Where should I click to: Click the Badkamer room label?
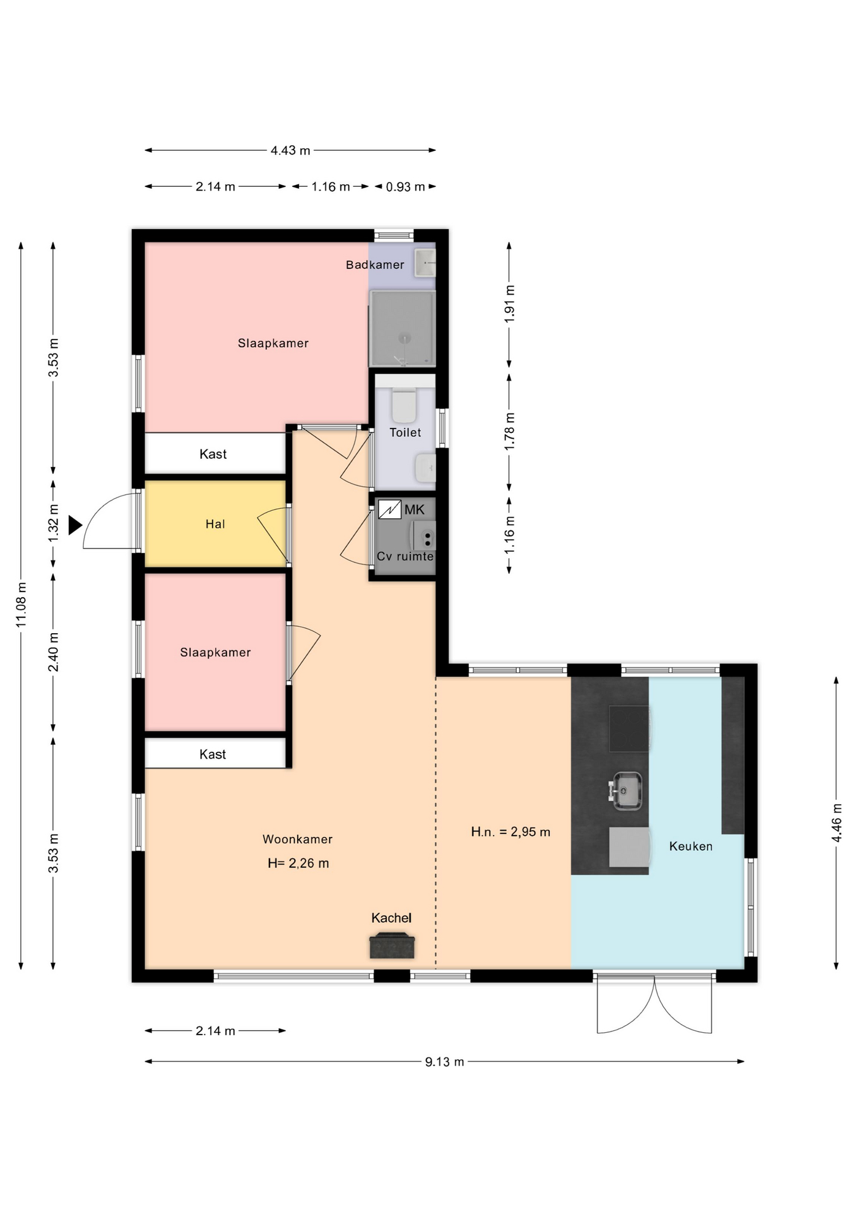[x=375, y=264]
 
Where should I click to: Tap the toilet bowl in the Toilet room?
[x=404, y=406]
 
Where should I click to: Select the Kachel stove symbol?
[x=392, y=945]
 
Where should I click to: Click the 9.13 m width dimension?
[x=444, y=1062]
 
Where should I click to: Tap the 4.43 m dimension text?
[x=290, y=150]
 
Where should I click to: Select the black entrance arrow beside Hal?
[x=75, y=525]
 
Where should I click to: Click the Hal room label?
[x=215, y=524]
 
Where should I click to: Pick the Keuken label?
[x=691, y=847]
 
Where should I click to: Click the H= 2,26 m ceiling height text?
[x=298, y=863]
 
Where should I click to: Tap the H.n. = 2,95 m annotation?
[x=511, y=832]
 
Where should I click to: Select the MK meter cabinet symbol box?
[x=389, y=509]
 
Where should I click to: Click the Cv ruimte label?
[x=405, y=556]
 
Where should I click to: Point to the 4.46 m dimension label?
[x=837, y=823]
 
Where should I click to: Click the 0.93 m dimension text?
[x=405, y=187]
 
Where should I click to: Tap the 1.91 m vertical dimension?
[x=510, y=304]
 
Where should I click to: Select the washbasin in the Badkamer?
[x=425, y=263]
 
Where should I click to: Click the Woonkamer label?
[x=297, y=839]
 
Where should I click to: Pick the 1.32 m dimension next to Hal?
[x=54, y=523]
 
